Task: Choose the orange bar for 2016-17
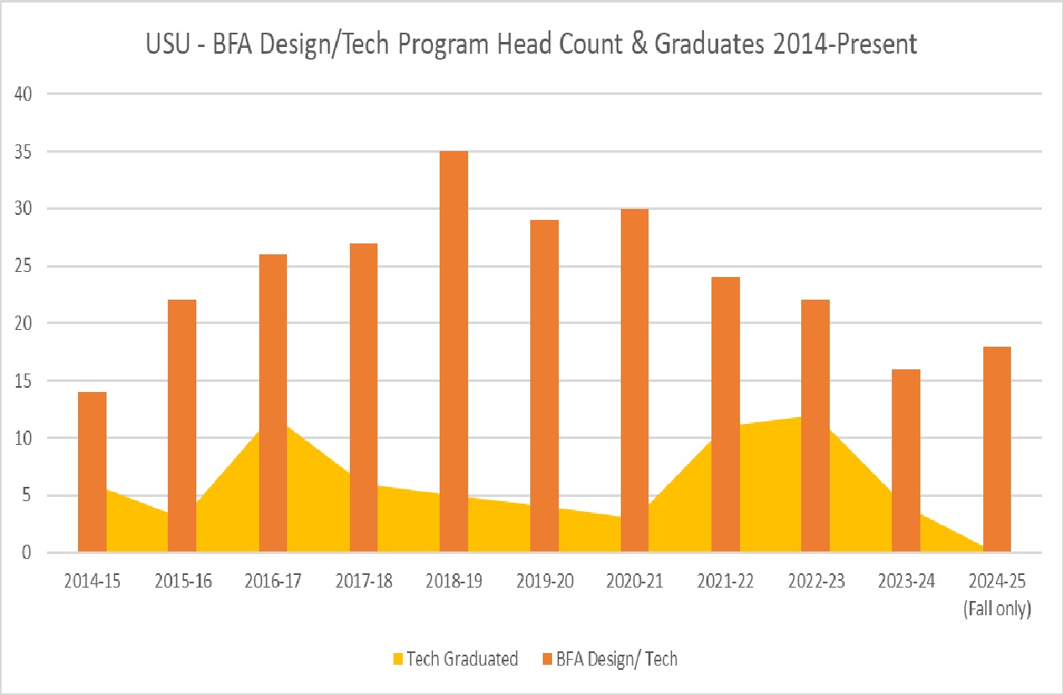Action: click(x=273, y=403)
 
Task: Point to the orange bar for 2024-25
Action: click(x=997, y=449)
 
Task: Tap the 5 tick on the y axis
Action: click(x=27, y=495)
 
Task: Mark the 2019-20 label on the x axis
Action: click(x=545, y=582)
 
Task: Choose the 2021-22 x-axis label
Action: click(x=726, y=582)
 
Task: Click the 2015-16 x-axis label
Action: click(x=182, y=582)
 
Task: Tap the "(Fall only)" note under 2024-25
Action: click(x=997, y=609)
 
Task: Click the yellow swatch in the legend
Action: click(x=399, y=660)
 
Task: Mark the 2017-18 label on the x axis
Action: click(x=363, y=582)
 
